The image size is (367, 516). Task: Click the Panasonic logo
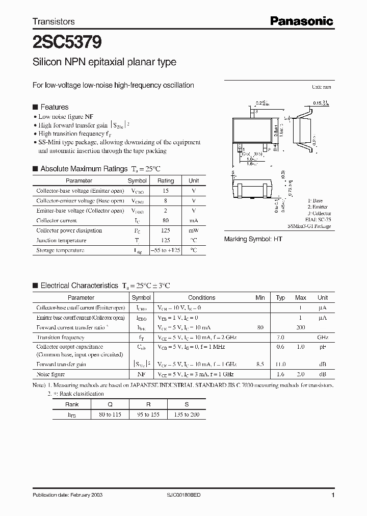click(301, 21)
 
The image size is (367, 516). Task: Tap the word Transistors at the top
click(54, 21)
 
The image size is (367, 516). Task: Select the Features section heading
click(54, 107)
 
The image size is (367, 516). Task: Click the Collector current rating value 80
click(166, 221)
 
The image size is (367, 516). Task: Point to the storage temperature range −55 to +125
click(166, 250)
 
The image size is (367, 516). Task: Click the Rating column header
click(166, 180)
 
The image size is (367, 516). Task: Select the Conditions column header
click(201, 298)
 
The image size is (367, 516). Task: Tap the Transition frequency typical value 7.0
click(280, 338)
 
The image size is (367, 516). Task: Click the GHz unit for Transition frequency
click(323, 338)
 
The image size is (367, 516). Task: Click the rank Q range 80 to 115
click(110, 415)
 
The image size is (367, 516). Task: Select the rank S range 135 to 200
click(187, 415)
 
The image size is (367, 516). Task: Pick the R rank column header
click(148, 404)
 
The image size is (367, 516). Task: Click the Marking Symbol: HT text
click(253, 239)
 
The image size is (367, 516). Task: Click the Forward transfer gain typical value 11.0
click(280, 365)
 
